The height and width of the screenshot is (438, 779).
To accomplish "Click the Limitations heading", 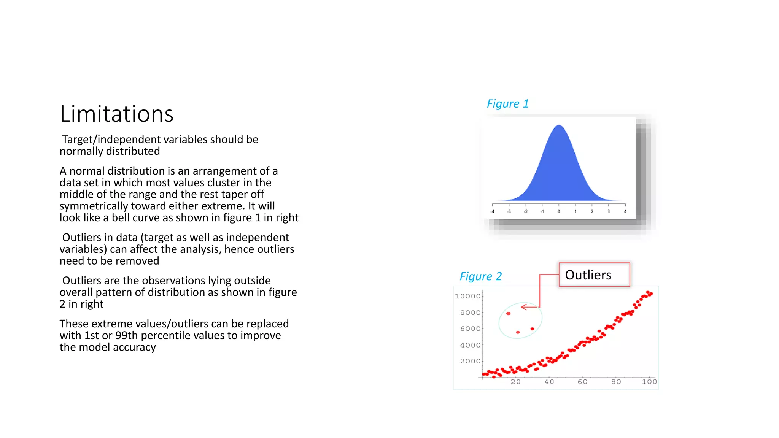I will (116, 114).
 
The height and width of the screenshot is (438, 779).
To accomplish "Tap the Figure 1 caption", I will (507, 104).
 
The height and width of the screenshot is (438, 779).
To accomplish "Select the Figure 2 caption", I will (480, 276).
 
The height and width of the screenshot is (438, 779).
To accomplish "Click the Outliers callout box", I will (594, 275).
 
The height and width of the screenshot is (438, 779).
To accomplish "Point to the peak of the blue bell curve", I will (559, 126).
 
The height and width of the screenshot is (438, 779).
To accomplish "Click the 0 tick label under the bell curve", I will (559, 211).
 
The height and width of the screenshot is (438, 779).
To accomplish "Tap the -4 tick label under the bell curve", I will (492, 211).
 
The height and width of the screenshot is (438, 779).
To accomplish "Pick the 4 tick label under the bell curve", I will (625, 211).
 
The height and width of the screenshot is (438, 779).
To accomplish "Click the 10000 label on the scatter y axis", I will (467, 296).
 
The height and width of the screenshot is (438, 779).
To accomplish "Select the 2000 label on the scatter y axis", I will (470, 361).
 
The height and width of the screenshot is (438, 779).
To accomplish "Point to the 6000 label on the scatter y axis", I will (470, 329).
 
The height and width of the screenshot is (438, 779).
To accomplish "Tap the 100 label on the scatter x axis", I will (649, 382).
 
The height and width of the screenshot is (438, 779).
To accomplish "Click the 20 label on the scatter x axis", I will (515, 382).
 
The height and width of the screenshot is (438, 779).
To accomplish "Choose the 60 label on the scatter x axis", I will (582, 382).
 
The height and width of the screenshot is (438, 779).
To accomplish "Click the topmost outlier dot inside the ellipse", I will (508, 314).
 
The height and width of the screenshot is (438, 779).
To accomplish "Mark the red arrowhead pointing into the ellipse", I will (523, 307).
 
